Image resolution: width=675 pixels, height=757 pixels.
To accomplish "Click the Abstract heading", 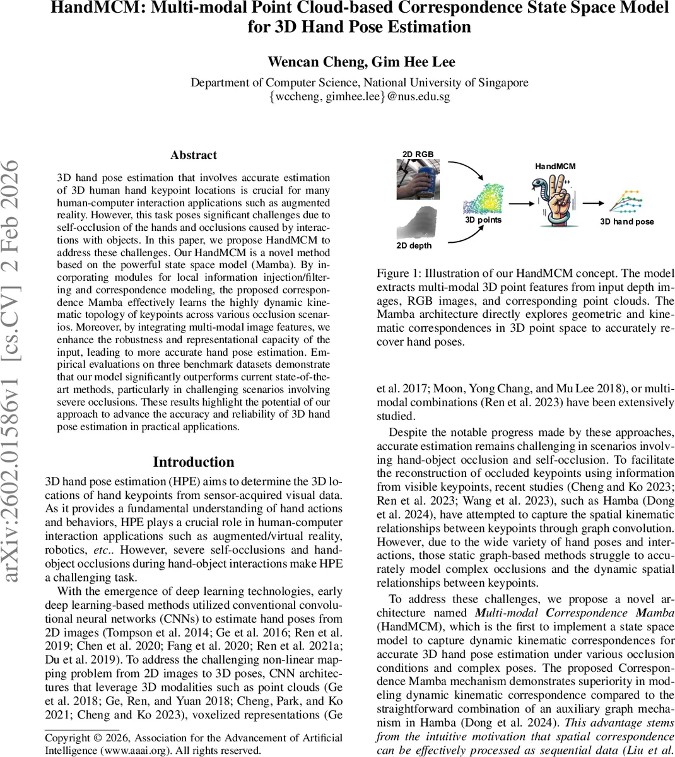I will pos(194,155).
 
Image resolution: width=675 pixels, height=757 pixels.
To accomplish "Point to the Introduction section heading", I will pos(194,462).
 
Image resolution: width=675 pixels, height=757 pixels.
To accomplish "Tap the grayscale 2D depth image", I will pos(418,221).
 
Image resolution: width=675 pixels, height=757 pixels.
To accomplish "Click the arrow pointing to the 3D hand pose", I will pos(592,203).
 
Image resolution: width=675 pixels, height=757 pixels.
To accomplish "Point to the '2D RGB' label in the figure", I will pos(418,155).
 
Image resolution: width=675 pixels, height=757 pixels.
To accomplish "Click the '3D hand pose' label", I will pos(626,221).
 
